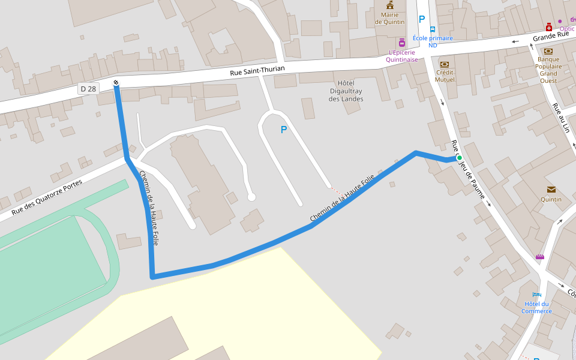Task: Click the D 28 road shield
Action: click(x=88, y=89)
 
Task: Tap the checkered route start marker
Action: click(x=116, y=83)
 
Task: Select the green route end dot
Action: click(x=460, y=158)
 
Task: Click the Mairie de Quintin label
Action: click(x=389, y=19)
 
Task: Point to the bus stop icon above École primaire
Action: click(x=432, y=28)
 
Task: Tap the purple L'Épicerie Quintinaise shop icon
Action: click(x=401, y=43)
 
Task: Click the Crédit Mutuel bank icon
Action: click(x=445, y=65)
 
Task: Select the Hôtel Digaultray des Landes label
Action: click(x=346, y=91)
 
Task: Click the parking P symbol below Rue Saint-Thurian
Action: click(x=284, y=130)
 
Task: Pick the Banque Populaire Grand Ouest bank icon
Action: click(x=548, y=51)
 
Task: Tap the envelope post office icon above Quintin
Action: click(x=551, y=190)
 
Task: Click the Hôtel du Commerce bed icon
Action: click(x=536, y=295)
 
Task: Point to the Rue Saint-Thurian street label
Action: click(x=257, y=71)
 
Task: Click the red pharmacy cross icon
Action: click(x=549, y=28)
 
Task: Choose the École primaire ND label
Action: click(x=433, y=41)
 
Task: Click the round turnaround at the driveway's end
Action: click(x=251, y=197)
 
